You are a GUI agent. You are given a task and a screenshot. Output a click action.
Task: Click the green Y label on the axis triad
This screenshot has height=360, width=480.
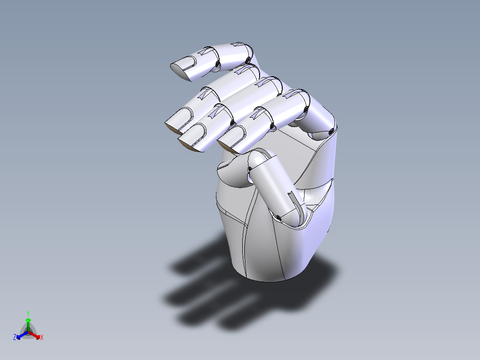tap(28, 313)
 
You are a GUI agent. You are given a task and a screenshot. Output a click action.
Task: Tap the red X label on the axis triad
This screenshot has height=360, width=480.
tap(41, 338)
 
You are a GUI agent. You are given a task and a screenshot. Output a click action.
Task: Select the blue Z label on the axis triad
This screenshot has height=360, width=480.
tap(15, 338)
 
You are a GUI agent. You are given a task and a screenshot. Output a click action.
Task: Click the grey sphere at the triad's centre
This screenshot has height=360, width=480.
tap(28, 332)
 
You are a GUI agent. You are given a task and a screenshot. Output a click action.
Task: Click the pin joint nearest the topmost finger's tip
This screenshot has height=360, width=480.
tap(217, 65)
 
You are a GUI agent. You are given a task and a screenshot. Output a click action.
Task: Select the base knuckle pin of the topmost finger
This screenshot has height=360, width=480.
tap(248, 60)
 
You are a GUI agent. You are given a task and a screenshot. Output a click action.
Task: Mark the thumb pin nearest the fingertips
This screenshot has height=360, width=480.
tap(250, 168)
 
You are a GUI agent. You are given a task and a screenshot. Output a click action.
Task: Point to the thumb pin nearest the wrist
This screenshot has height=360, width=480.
tap(278, 217)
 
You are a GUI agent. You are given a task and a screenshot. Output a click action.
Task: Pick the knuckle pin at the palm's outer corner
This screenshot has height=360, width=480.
tap(331, 131)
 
